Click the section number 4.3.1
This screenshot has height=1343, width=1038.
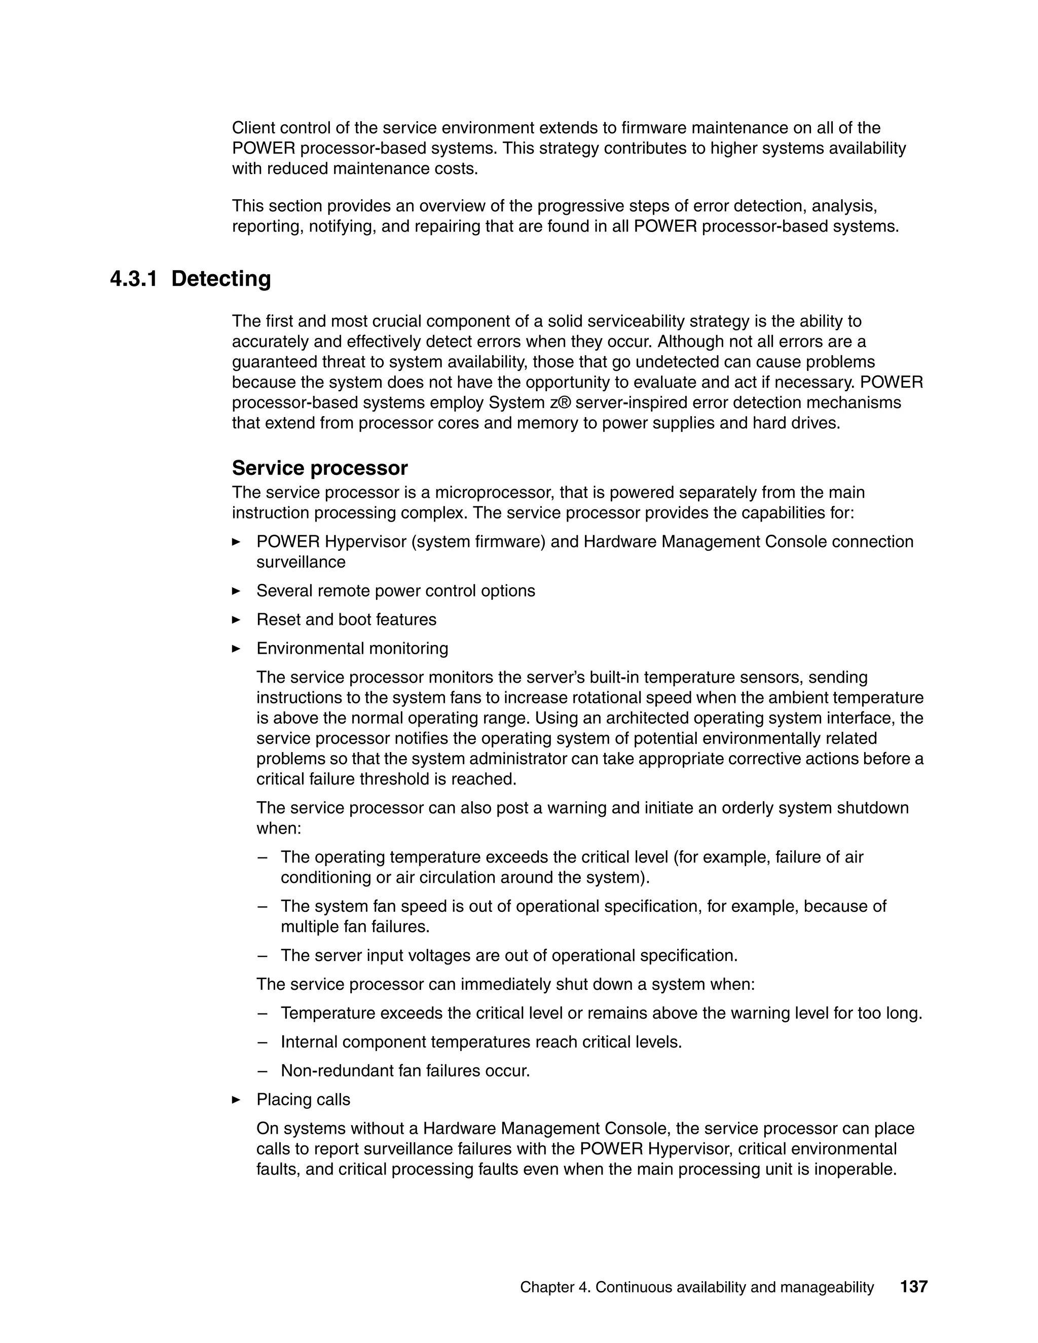click(133, 279)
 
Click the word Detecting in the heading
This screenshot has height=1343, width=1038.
click(221, 279)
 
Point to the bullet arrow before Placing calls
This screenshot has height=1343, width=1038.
click(236, 1100)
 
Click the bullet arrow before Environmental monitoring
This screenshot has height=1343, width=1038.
click(236, 648)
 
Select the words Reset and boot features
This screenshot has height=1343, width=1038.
click(346, 619)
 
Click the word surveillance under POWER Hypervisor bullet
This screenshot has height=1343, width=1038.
click(301, 562)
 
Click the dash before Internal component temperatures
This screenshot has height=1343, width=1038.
click(263, 1042)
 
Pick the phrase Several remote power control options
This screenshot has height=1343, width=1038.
click(395, 591)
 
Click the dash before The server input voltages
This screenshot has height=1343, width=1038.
click(263, 956)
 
